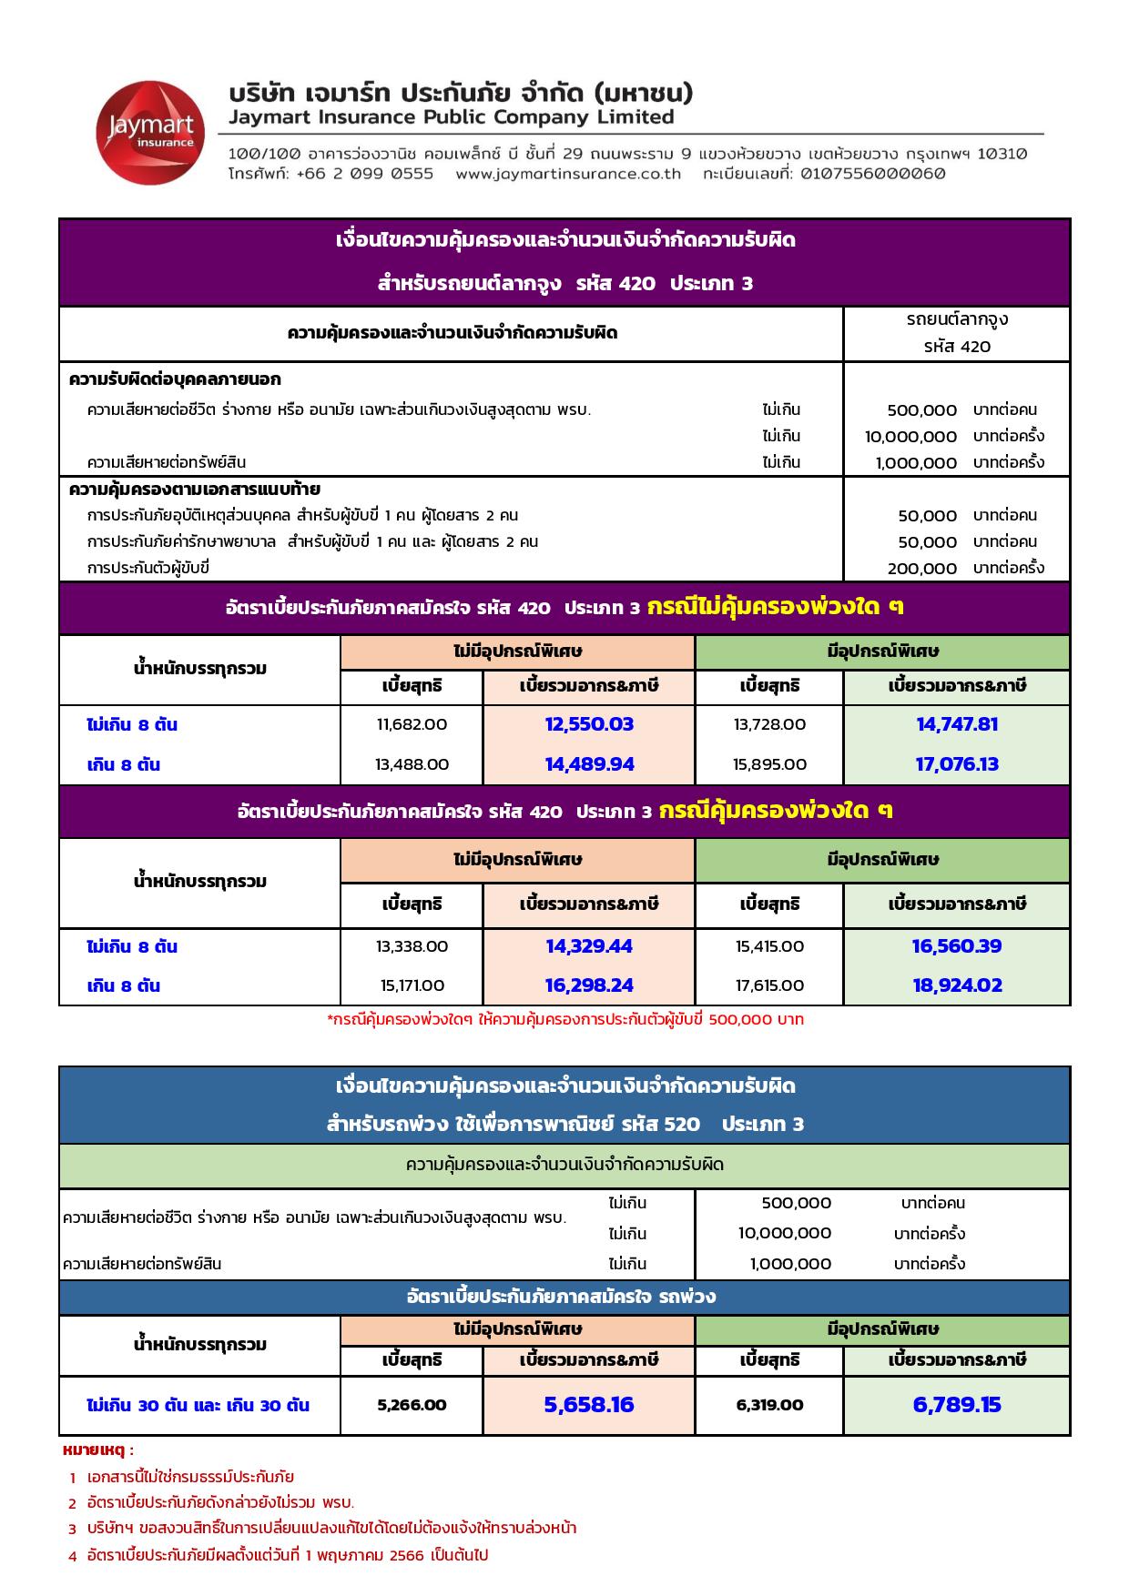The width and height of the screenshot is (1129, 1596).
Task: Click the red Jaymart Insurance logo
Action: (x=146, y=132)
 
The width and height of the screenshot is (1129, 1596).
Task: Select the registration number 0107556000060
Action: (x=873, y=174)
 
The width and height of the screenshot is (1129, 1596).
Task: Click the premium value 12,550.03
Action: (x=589, y=725)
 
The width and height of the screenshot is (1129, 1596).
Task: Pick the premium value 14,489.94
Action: (x=589, y=764)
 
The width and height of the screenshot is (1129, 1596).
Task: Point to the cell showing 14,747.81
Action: (x=957, y=725)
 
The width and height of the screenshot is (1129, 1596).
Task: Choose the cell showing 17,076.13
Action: (x=957, y=764)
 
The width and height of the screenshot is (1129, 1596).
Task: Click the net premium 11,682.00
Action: (x=412, y=725)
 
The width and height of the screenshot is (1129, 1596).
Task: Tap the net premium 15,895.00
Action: (x=769, y=764)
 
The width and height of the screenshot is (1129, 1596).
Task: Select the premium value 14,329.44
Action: (x=589, y=946)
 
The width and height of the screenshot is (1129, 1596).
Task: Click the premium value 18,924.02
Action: (x=957, y=985)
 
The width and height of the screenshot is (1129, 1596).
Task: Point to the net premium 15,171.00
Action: (x=412, y=985)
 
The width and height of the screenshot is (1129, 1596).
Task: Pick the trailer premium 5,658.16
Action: (x=589, y=1405)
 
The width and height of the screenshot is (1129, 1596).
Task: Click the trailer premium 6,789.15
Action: (x=957, y=1405)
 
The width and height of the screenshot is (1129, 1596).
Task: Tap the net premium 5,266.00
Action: (x=412, y=1405)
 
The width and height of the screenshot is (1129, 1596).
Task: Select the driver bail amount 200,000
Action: (x=921, y=569)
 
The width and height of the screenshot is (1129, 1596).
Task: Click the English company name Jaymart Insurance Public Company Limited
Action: (x=452, y=117)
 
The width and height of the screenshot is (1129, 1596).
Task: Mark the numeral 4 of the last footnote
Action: (x=73, y=1556)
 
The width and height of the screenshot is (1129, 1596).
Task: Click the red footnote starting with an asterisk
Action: (x=564, y=1020)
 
